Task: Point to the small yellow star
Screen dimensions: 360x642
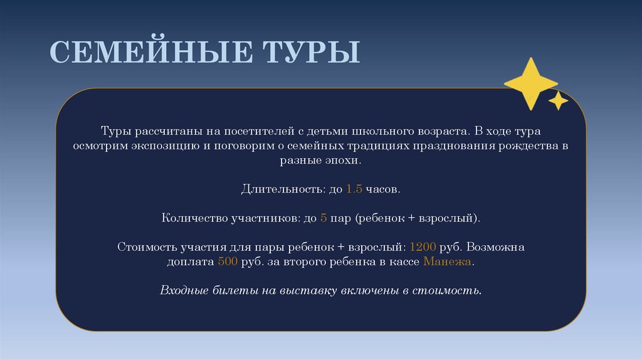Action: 558,100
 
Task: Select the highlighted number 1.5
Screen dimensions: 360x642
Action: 354,189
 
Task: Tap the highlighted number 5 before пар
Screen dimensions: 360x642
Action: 324,218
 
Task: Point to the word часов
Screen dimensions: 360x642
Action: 382,189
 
